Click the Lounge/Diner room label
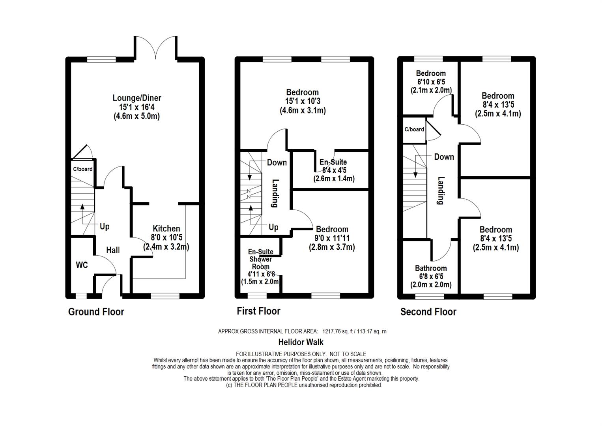[137, 98]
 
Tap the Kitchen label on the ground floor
[166, 228]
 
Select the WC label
[82, 265]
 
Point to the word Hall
[113, 250]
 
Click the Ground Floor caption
[96, 312]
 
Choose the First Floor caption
[258, 311]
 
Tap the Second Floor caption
[428, 312]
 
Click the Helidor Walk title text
[301, 342]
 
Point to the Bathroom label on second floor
[431, 268]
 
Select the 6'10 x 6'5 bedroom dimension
[431, 82]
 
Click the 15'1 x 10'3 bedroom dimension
[303, 101]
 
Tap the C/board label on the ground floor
[83, 169]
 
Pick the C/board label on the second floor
[414, 129]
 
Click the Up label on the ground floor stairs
[105, 226]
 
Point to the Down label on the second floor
[444, 157]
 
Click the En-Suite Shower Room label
[261, 260]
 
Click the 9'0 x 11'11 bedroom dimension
[332, 238]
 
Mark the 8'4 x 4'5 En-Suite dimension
[334, 170]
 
